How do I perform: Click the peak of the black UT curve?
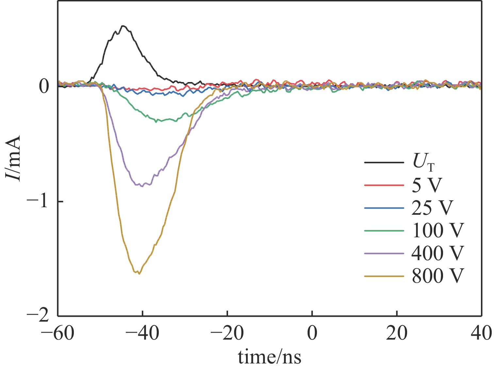pyautogui.click(x=123, y=26)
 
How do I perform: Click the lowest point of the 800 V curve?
pyautogui.click(x=139, y=274)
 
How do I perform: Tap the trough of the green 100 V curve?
pyautogui.click(x=156, y=122)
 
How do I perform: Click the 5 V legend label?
pyautogui.click(x=427, y=185)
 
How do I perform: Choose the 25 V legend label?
pyautogui.click(x=432, y=208)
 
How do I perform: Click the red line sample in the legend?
pyautogui.click(x=384, y=185)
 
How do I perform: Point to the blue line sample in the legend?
pyautogui.click(x=384, y=208)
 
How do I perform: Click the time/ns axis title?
pyautogui.click(x=270, y=357)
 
